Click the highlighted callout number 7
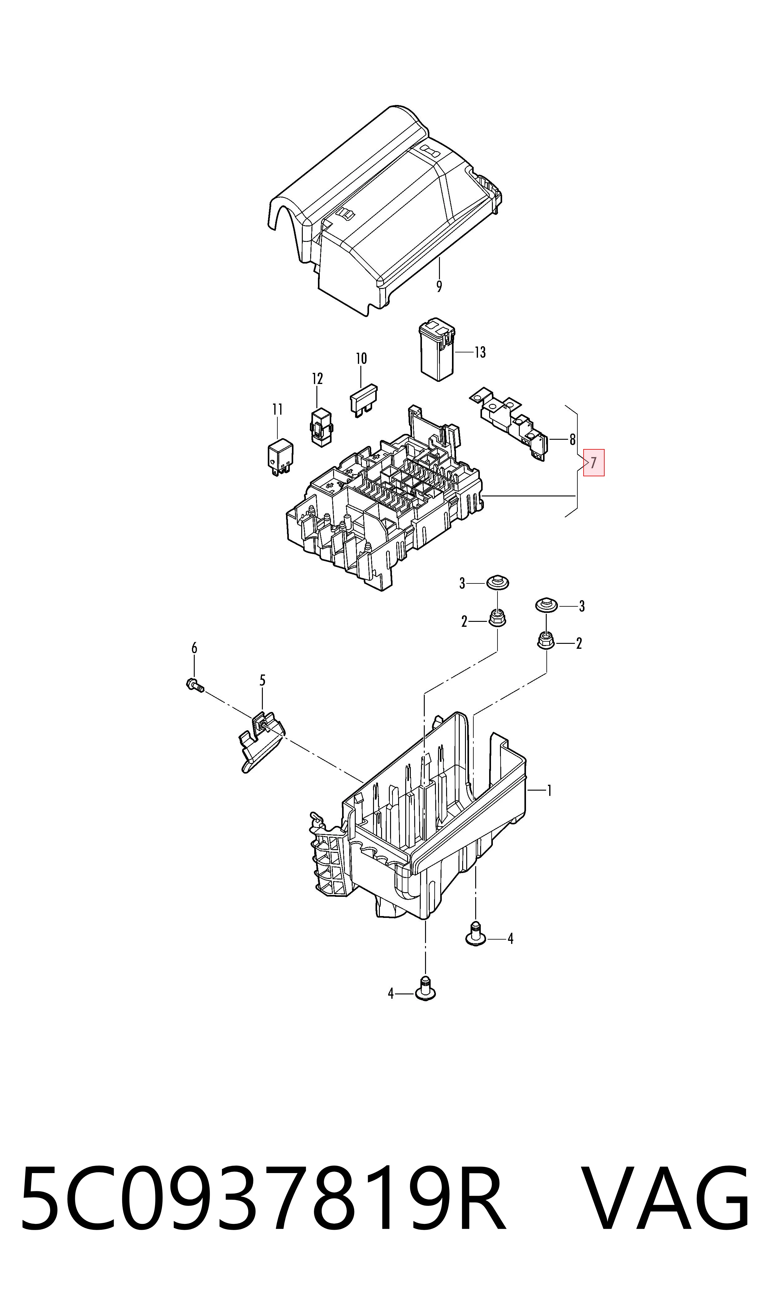click(593, 462)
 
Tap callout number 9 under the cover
click(439, 286)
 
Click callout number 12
click(317, 379)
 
